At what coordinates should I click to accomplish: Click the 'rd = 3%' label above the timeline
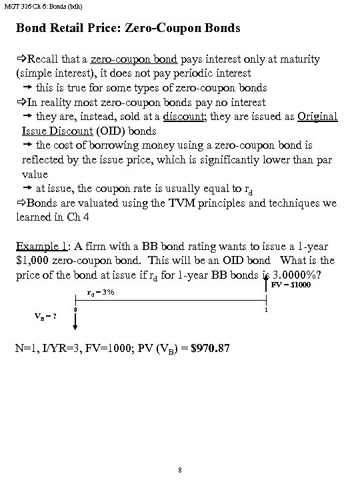[x=101, y=293]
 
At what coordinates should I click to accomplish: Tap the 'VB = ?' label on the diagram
[x=45, y=316]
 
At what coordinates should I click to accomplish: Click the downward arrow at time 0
[x=75, y=322]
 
